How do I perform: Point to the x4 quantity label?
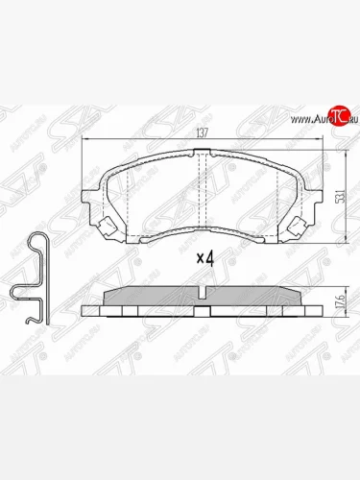pos(204,257)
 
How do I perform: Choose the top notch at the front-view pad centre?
pos(204,156)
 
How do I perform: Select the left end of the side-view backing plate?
pos(87,310)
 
